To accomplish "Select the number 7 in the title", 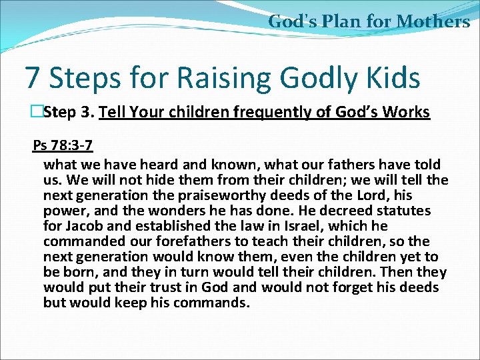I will pos(32,78).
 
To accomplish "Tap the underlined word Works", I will pos(406,112).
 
